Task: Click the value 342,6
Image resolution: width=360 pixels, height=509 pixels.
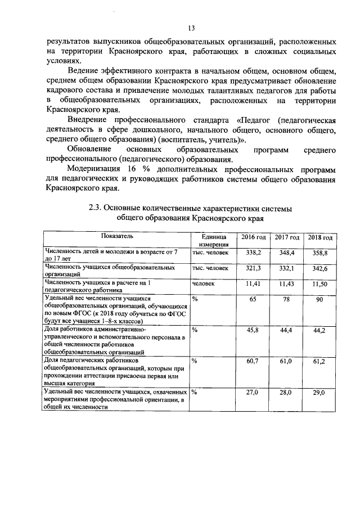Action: click(x=319, y=269)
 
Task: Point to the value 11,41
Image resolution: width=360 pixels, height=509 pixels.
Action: click(x=252, y=284)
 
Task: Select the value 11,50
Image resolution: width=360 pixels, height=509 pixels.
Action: click(x=319, y=285)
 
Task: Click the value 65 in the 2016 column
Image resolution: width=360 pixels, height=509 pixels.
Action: click(x=252, y=299)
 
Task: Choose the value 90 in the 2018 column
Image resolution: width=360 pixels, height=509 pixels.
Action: click(x=319, y=300)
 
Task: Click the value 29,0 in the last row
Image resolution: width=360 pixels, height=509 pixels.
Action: click(x=319, y=391)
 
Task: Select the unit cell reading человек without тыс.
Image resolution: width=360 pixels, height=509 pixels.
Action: click(x=203, y=284)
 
